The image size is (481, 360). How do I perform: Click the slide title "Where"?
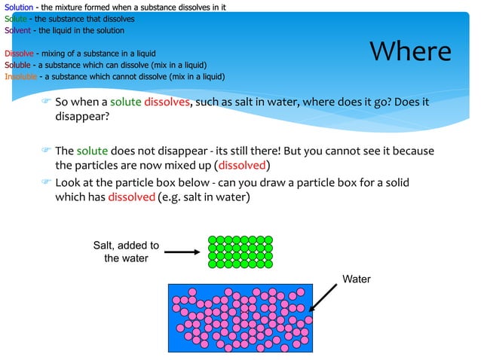click(411, 51)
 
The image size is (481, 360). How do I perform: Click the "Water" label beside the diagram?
click(357, 279)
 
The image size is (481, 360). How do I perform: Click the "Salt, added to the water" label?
click(126, 252)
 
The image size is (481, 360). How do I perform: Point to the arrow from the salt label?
click(182, 252)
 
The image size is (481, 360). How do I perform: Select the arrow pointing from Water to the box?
click(323, 296)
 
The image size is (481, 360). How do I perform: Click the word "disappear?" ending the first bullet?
click(82, 117)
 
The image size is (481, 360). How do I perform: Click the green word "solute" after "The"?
click(93, 151)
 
